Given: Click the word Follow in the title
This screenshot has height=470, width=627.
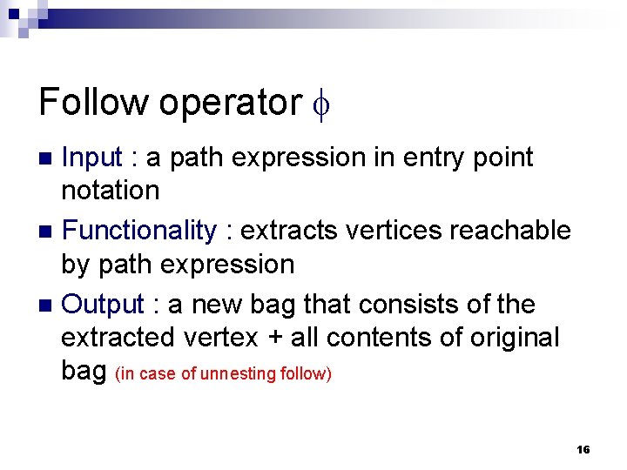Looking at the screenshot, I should (x=93, y=102).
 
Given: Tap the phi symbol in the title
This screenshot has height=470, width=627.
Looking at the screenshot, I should (x=322, y=104).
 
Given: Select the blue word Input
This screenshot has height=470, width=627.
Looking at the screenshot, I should (x=92, y=158).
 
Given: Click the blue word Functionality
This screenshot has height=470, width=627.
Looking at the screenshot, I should (x=139, y=232).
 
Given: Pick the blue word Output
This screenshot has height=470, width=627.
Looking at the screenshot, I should (x=103, y=305).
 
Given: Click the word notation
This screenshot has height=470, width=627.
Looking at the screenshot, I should (x=111, y=190).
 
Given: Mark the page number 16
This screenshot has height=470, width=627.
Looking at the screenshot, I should (x=583, y=449).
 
